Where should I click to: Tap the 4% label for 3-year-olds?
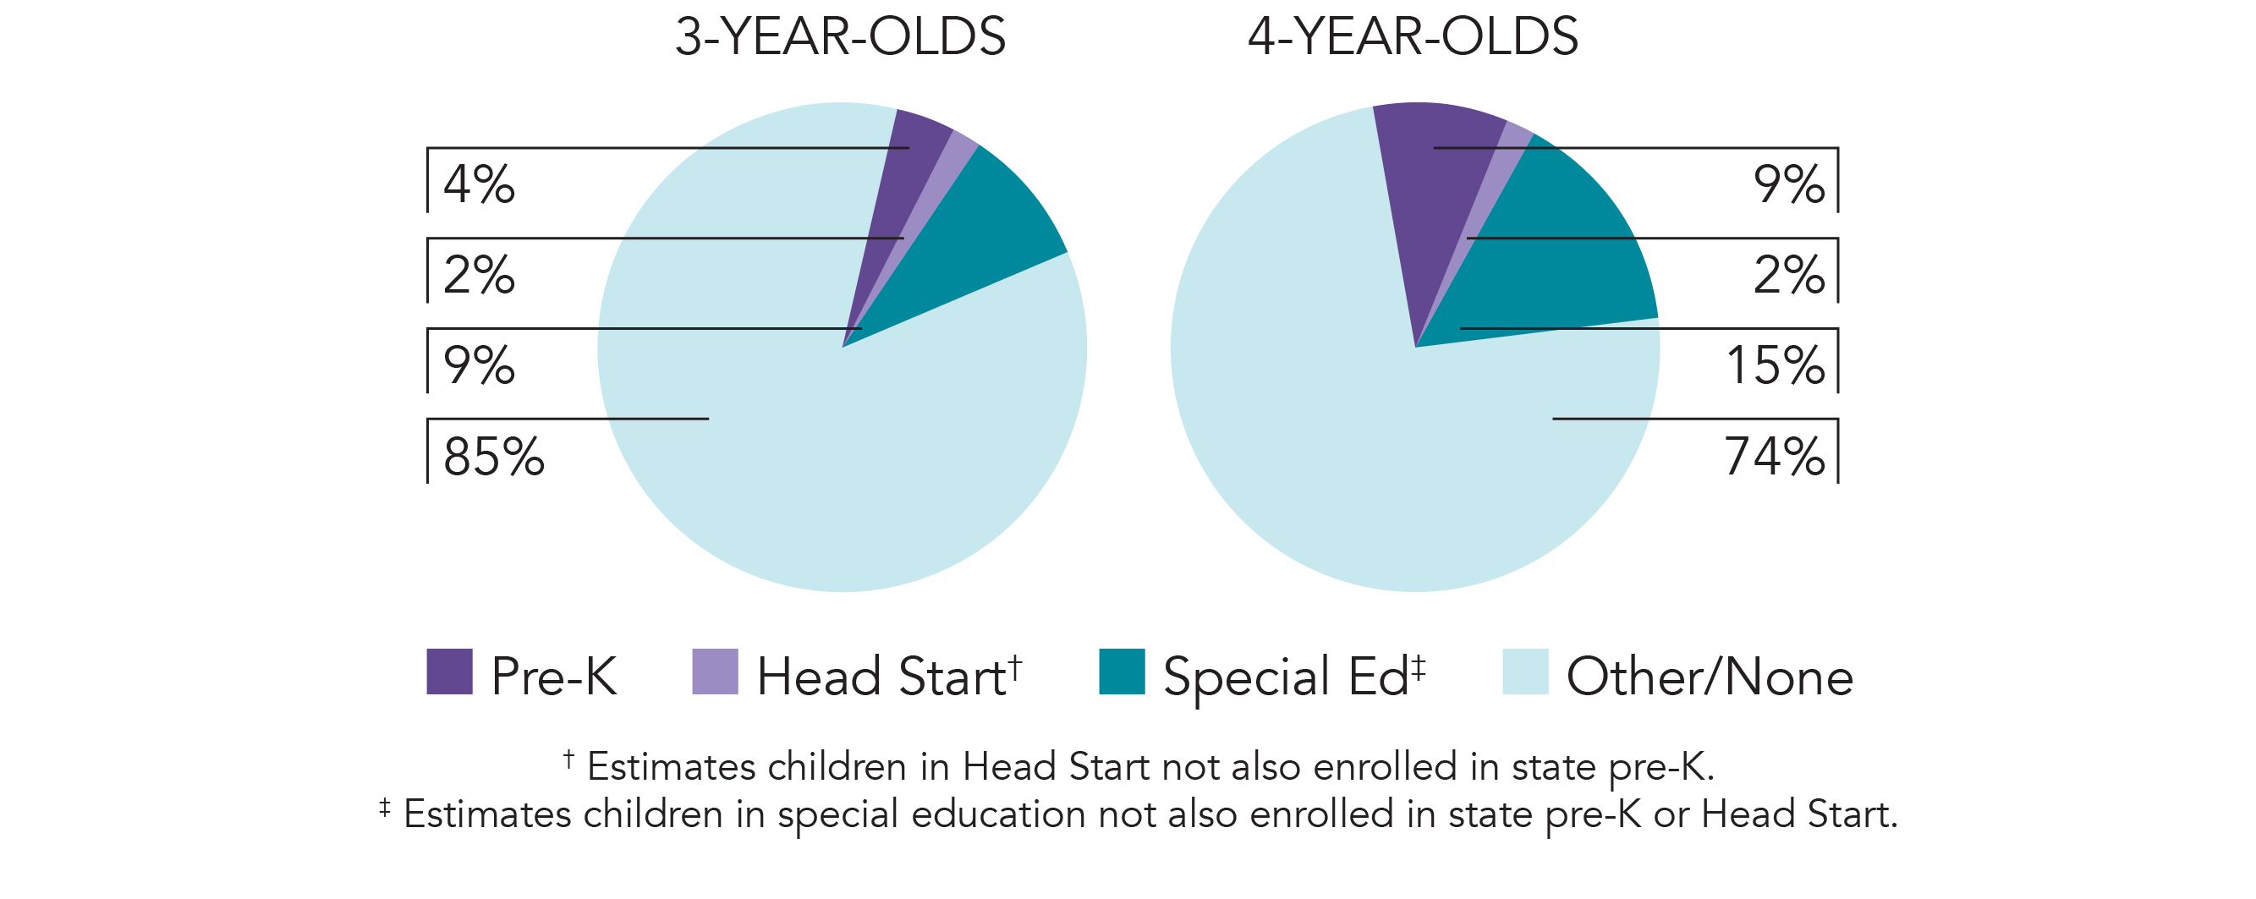478,184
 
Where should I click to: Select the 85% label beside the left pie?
493,457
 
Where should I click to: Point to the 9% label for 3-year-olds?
478,366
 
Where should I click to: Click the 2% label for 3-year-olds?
478,276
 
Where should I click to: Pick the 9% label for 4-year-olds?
1788,184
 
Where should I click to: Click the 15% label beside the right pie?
1776,366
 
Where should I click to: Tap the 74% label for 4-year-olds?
1775,457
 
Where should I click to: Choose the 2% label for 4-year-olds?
1788,276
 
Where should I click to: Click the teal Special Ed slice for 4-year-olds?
1567,263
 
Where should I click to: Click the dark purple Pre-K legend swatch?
449,672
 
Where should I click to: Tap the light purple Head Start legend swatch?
715,672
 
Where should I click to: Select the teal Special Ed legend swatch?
1122,672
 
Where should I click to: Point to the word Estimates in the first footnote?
672,768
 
